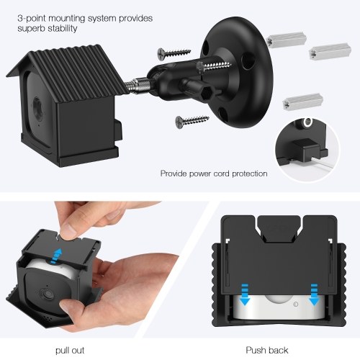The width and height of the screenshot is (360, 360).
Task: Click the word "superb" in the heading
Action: click(x=31, y=29)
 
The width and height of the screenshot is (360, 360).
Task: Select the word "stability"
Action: click(x=62, y=28)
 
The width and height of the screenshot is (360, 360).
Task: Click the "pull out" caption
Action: click(x=70, y=351)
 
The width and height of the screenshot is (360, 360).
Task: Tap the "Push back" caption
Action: click(x=267, y=351)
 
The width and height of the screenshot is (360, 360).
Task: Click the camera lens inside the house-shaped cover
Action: click(x=37, y=106)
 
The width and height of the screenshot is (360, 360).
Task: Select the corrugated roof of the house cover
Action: click(x=70, y=70)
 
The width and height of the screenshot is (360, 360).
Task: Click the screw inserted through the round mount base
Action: click(x=214, y=66)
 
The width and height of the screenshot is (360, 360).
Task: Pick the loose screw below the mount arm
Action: click(x=192, y=120)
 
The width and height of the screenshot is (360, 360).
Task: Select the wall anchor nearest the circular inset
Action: click(x=303, y=101)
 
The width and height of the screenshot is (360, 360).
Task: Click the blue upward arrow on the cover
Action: click(x=57, y=256)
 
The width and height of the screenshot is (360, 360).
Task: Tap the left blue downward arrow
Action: click(x=245, y=294)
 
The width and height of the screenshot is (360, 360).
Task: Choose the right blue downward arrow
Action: click(x=314, y=294)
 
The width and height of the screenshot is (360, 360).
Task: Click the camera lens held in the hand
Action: click(x=48, y=294)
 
